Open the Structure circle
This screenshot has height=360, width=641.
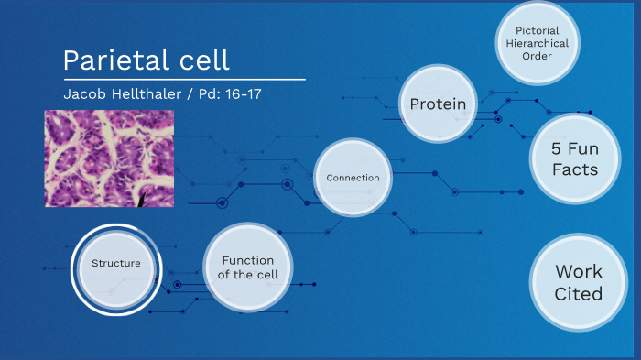[x=116, y=264]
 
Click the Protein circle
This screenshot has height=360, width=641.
[x=438, y=104]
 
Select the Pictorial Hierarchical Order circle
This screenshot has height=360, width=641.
[x=537, y=43]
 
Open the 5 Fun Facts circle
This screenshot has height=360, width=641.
[x=575, y=158]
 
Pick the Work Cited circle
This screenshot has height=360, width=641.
[x=579, y=282]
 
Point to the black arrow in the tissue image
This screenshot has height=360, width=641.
[x=142, y=197]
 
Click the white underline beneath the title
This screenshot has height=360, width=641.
[x=183, y=80]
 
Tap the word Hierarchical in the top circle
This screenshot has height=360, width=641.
[x=537, y=43]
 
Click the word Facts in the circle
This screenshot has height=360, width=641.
[x=575, y=169]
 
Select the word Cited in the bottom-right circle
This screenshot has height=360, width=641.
[x=579, y=294]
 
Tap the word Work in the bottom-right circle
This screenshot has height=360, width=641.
[x=579, y=271]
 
